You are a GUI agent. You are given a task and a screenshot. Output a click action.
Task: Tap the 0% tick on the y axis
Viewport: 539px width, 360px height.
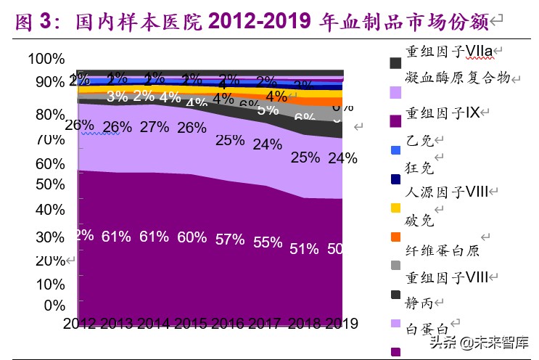coord(54,305)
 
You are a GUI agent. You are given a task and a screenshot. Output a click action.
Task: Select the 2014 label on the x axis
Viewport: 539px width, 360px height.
coord(155,323)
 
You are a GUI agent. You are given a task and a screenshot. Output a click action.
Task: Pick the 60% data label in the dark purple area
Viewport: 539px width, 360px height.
coord(192,237)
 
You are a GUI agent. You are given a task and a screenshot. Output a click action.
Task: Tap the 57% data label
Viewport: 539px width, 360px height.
coord(230,240)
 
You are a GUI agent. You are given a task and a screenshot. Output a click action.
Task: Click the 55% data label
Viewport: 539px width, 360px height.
coord(268,242)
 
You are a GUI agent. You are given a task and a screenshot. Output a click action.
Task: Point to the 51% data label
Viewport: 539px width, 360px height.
coord(304,248)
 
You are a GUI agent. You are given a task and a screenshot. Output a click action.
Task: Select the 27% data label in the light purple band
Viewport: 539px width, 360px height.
coord(154,127)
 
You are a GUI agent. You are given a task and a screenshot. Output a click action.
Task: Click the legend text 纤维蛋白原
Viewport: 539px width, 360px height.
coord(442,250)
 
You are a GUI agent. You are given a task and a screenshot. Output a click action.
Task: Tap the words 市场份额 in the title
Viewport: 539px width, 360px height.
coord(451,22)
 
